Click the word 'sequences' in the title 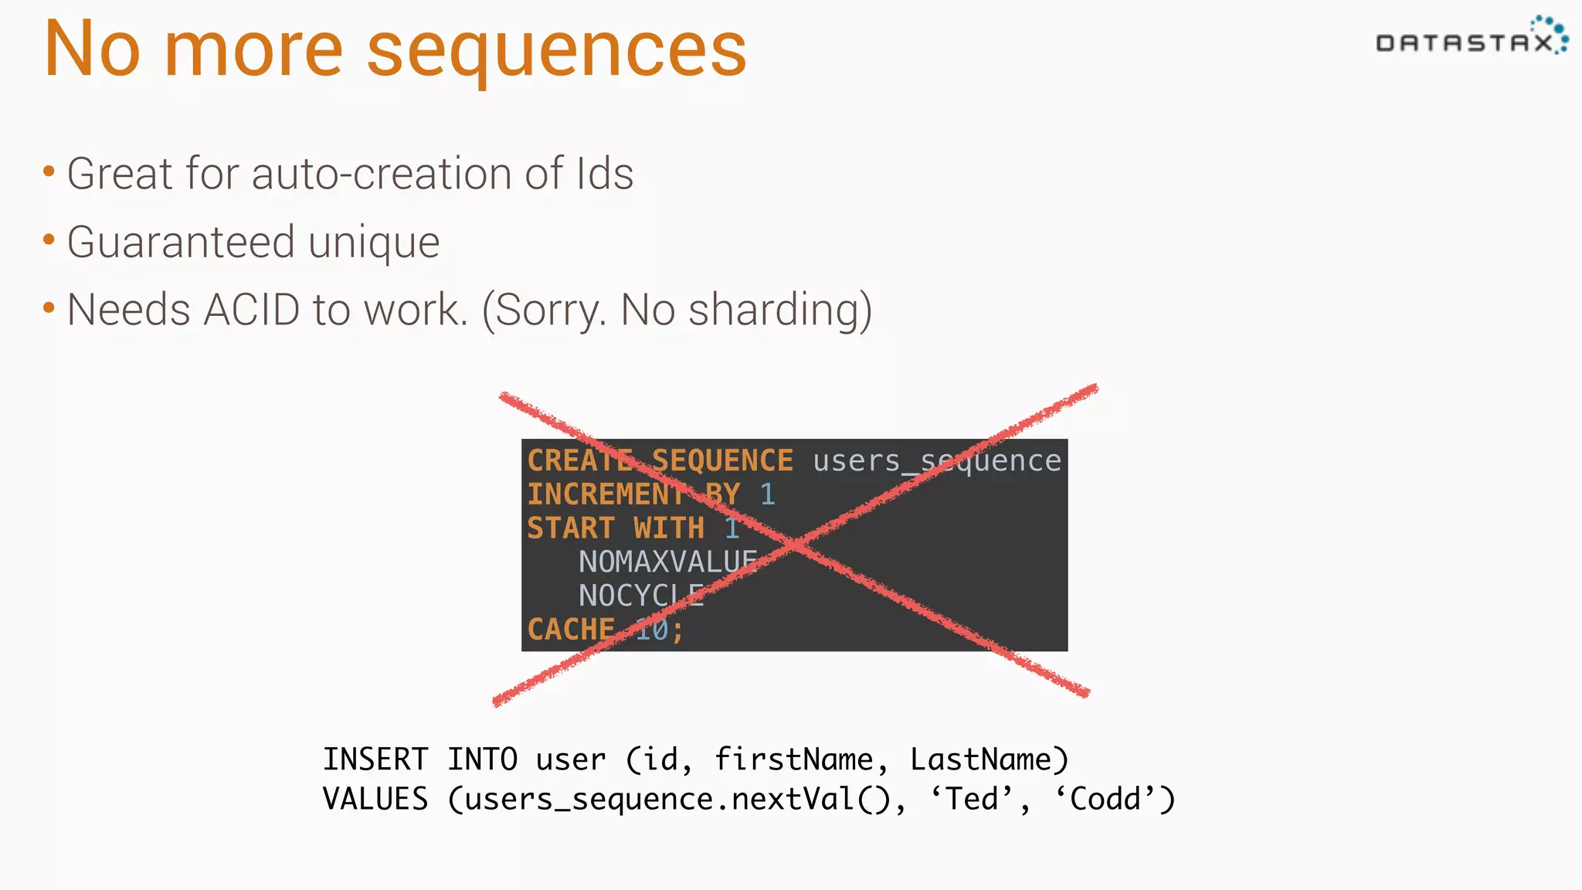(x=556, y=51)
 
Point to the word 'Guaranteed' (x=181, y=243)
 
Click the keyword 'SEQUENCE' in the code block (x=722, y=461)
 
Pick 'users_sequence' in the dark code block (x=937, y=461)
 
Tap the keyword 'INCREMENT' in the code (x=606, y=494)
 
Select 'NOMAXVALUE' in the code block (x=668, y=562)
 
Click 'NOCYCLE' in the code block (x=641, y=596)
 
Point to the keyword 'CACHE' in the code (x=571, y=630)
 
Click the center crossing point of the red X (x=796, y=545)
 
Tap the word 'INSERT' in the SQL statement (x=375, y=759)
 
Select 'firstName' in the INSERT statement (x=793, y=759)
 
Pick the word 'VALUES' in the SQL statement (x=375, y=799)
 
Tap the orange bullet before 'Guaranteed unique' (x=49, y=240)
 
